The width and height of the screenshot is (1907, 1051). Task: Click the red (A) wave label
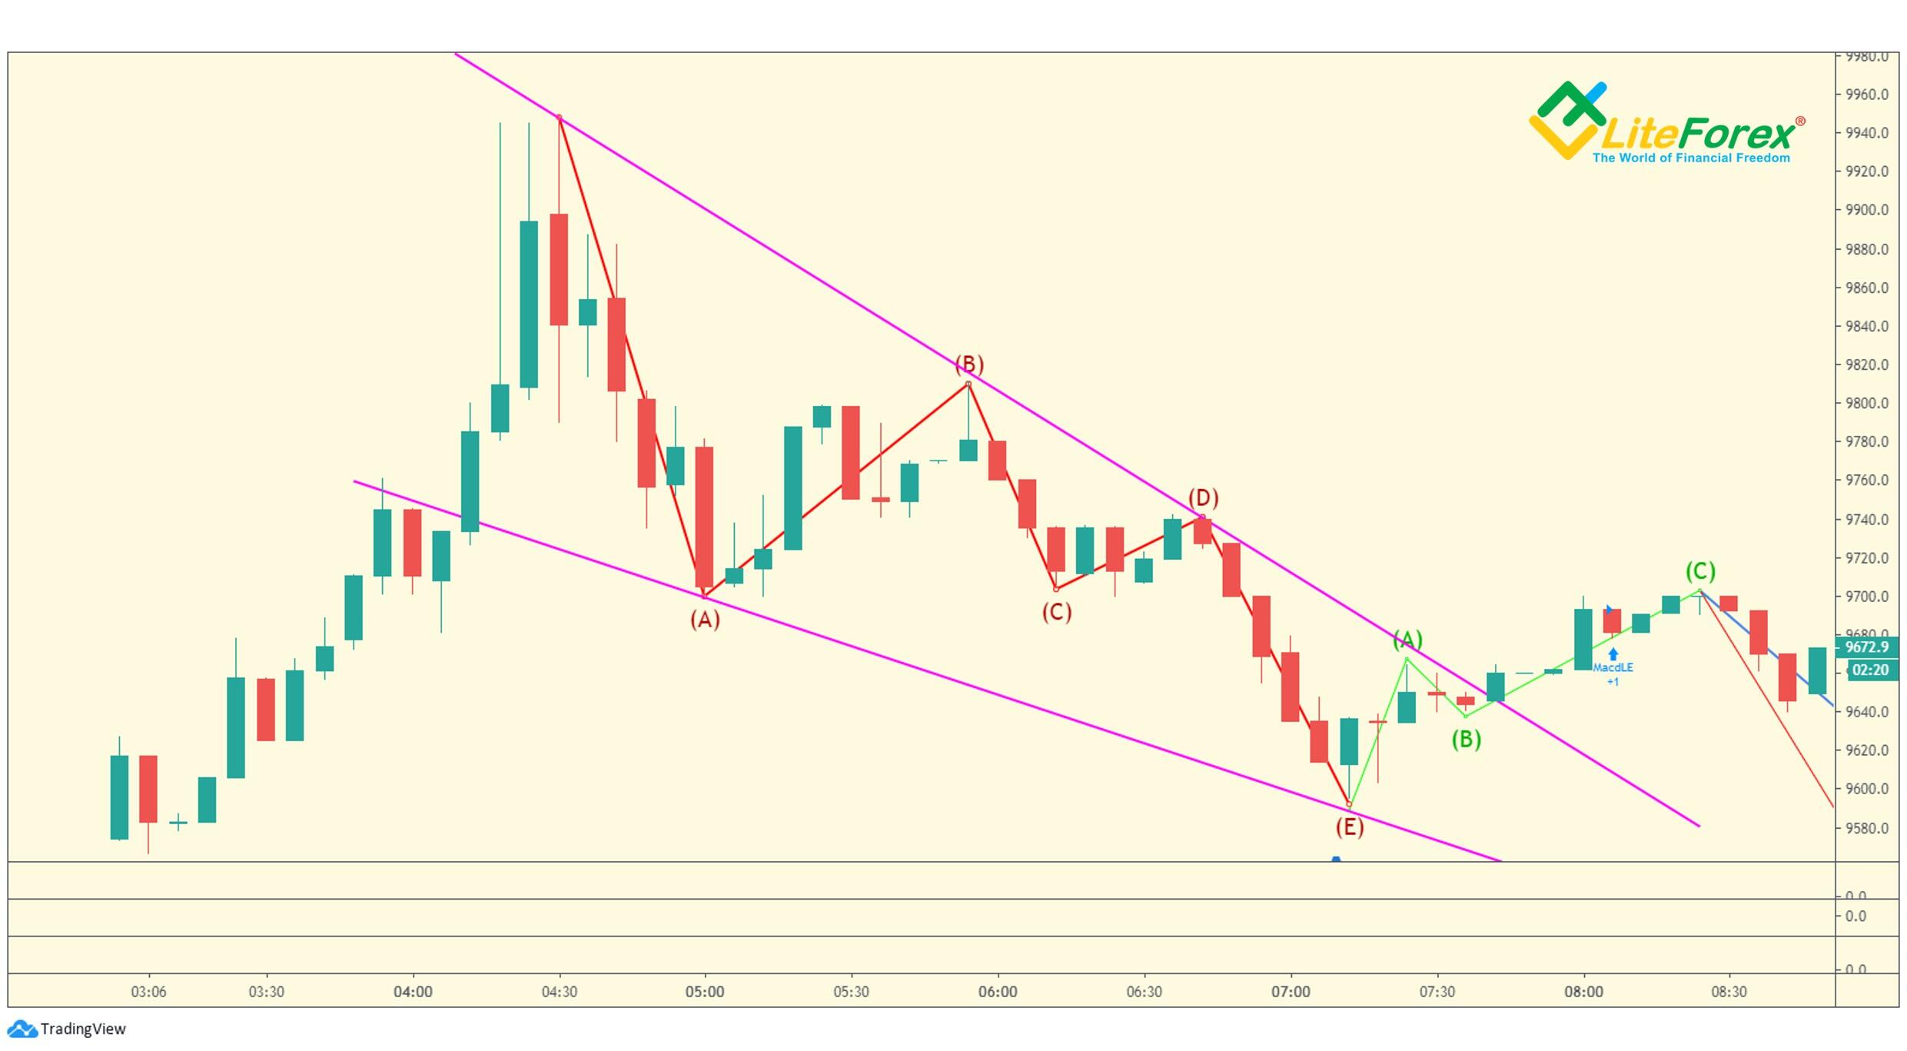pos(704,619)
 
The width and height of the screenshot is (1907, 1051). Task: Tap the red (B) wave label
pos(968,364)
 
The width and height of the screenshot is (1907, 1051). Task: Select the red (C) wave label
pos(1056,612)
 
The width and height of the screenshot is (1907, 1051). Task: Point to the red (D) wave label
pos(1203,497)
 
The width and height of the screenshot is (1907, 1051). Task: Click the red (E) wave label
pos(1349,826)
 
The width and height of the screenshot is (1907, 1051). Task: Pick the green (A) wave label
pos(1407,639)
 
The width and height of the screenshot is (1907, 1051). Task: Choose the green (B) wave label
pos(1466,739)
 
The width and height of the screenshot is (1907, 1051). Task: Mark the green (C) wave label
pos(1699,571)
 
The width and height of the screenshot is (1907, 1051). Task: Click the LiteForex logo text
pos(1699,135)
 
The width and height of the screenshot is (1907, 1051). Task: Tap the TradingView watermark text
pos(82,1029)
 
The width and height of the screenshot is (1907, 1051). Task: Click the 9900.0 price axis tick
pos(1866,210)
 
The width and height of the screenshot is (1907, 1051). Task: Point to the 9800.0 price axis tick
pos(1866,403)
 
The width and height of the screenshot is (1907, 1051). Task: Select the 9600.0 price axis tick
pos(1866,788)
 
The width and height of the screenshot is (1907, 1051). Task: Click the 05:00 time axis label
pos(704,992)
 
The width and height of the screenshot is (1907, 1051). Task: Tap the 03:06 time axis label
pos(148,992)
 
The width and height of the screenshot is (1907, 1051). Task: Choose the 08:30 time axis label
pos(1729,992)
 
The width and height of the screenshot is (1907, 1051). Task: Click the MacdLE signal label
pos(1613,667)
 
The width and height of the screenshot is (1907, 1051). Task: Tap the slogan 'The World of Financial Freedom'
pos(1691,158)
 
